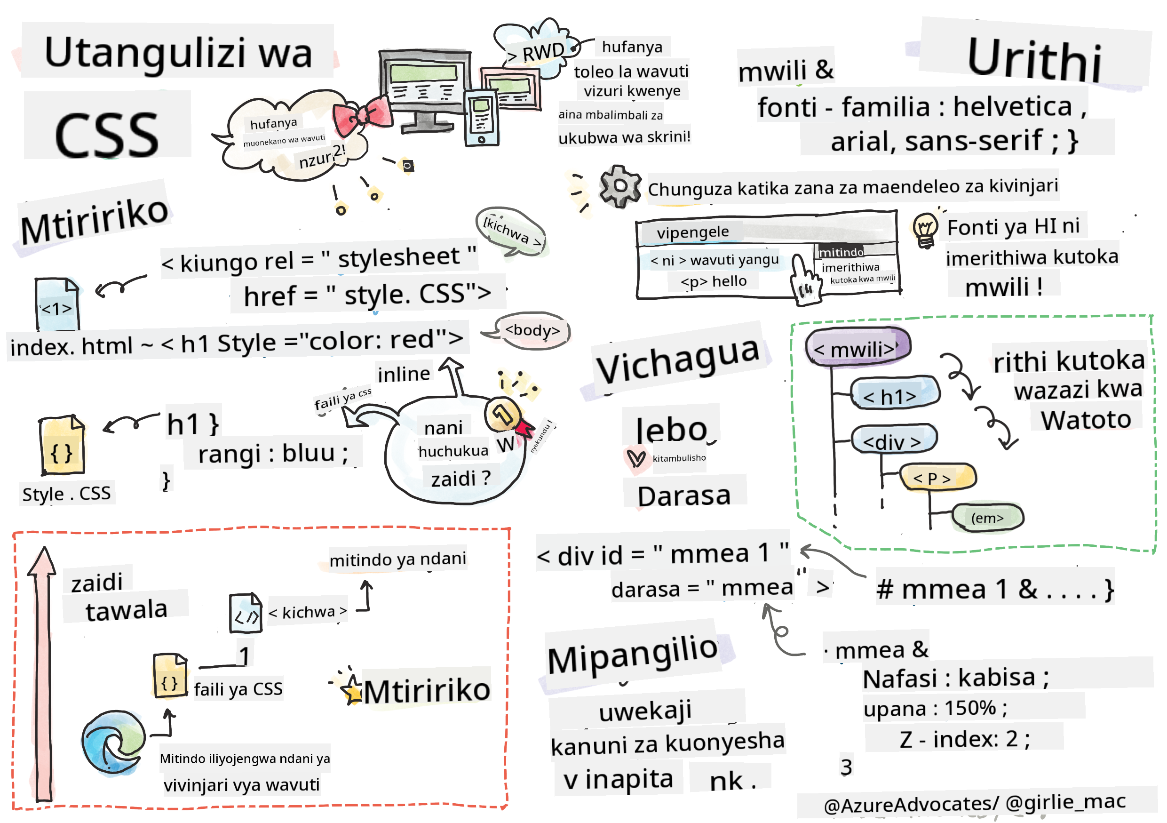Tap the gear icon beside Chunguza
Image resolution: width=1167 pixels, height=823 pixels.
coord(619,186)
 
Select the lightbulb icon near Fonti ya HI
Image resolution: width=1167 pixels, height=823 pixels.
coord(925,230)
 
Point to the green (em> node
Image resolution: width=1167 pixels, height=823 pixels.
coord(987,518)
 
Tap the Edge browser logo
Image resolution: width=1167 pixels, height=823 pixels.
coord(113,743)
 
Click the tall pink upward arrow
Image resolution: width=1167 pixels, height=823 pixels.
coord(43,671)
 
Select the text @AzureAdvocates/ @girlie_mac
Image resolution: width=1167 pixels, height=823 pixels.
coord(973,804)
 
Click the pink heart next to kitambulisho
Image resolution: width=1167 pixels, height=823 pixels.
coord(635,459)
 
